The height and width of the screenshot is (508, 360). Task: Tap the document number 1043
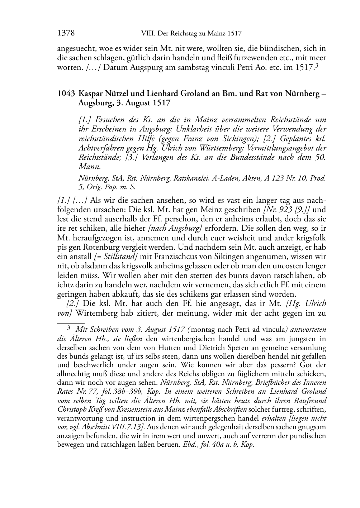pyautogui.click(x=66, y=94)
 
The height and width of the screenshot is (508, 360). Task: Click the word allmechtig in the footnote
pyautogui.click(x=72, y=374)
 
